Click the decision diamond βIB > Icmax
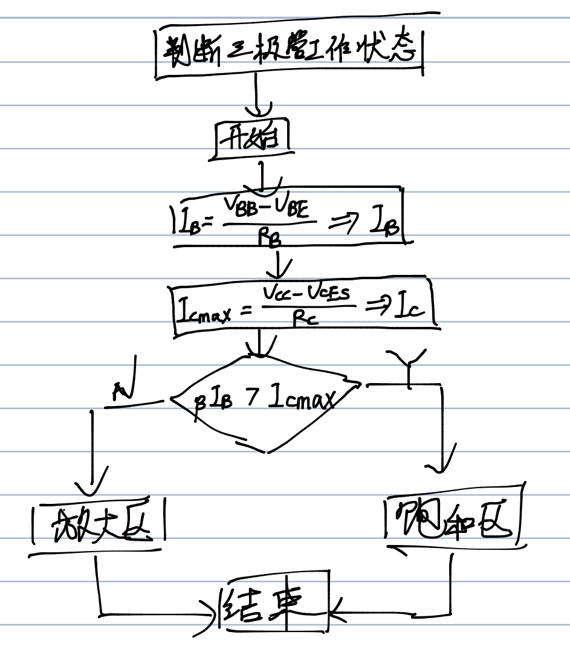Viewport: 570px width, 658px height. click(266, 401)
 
